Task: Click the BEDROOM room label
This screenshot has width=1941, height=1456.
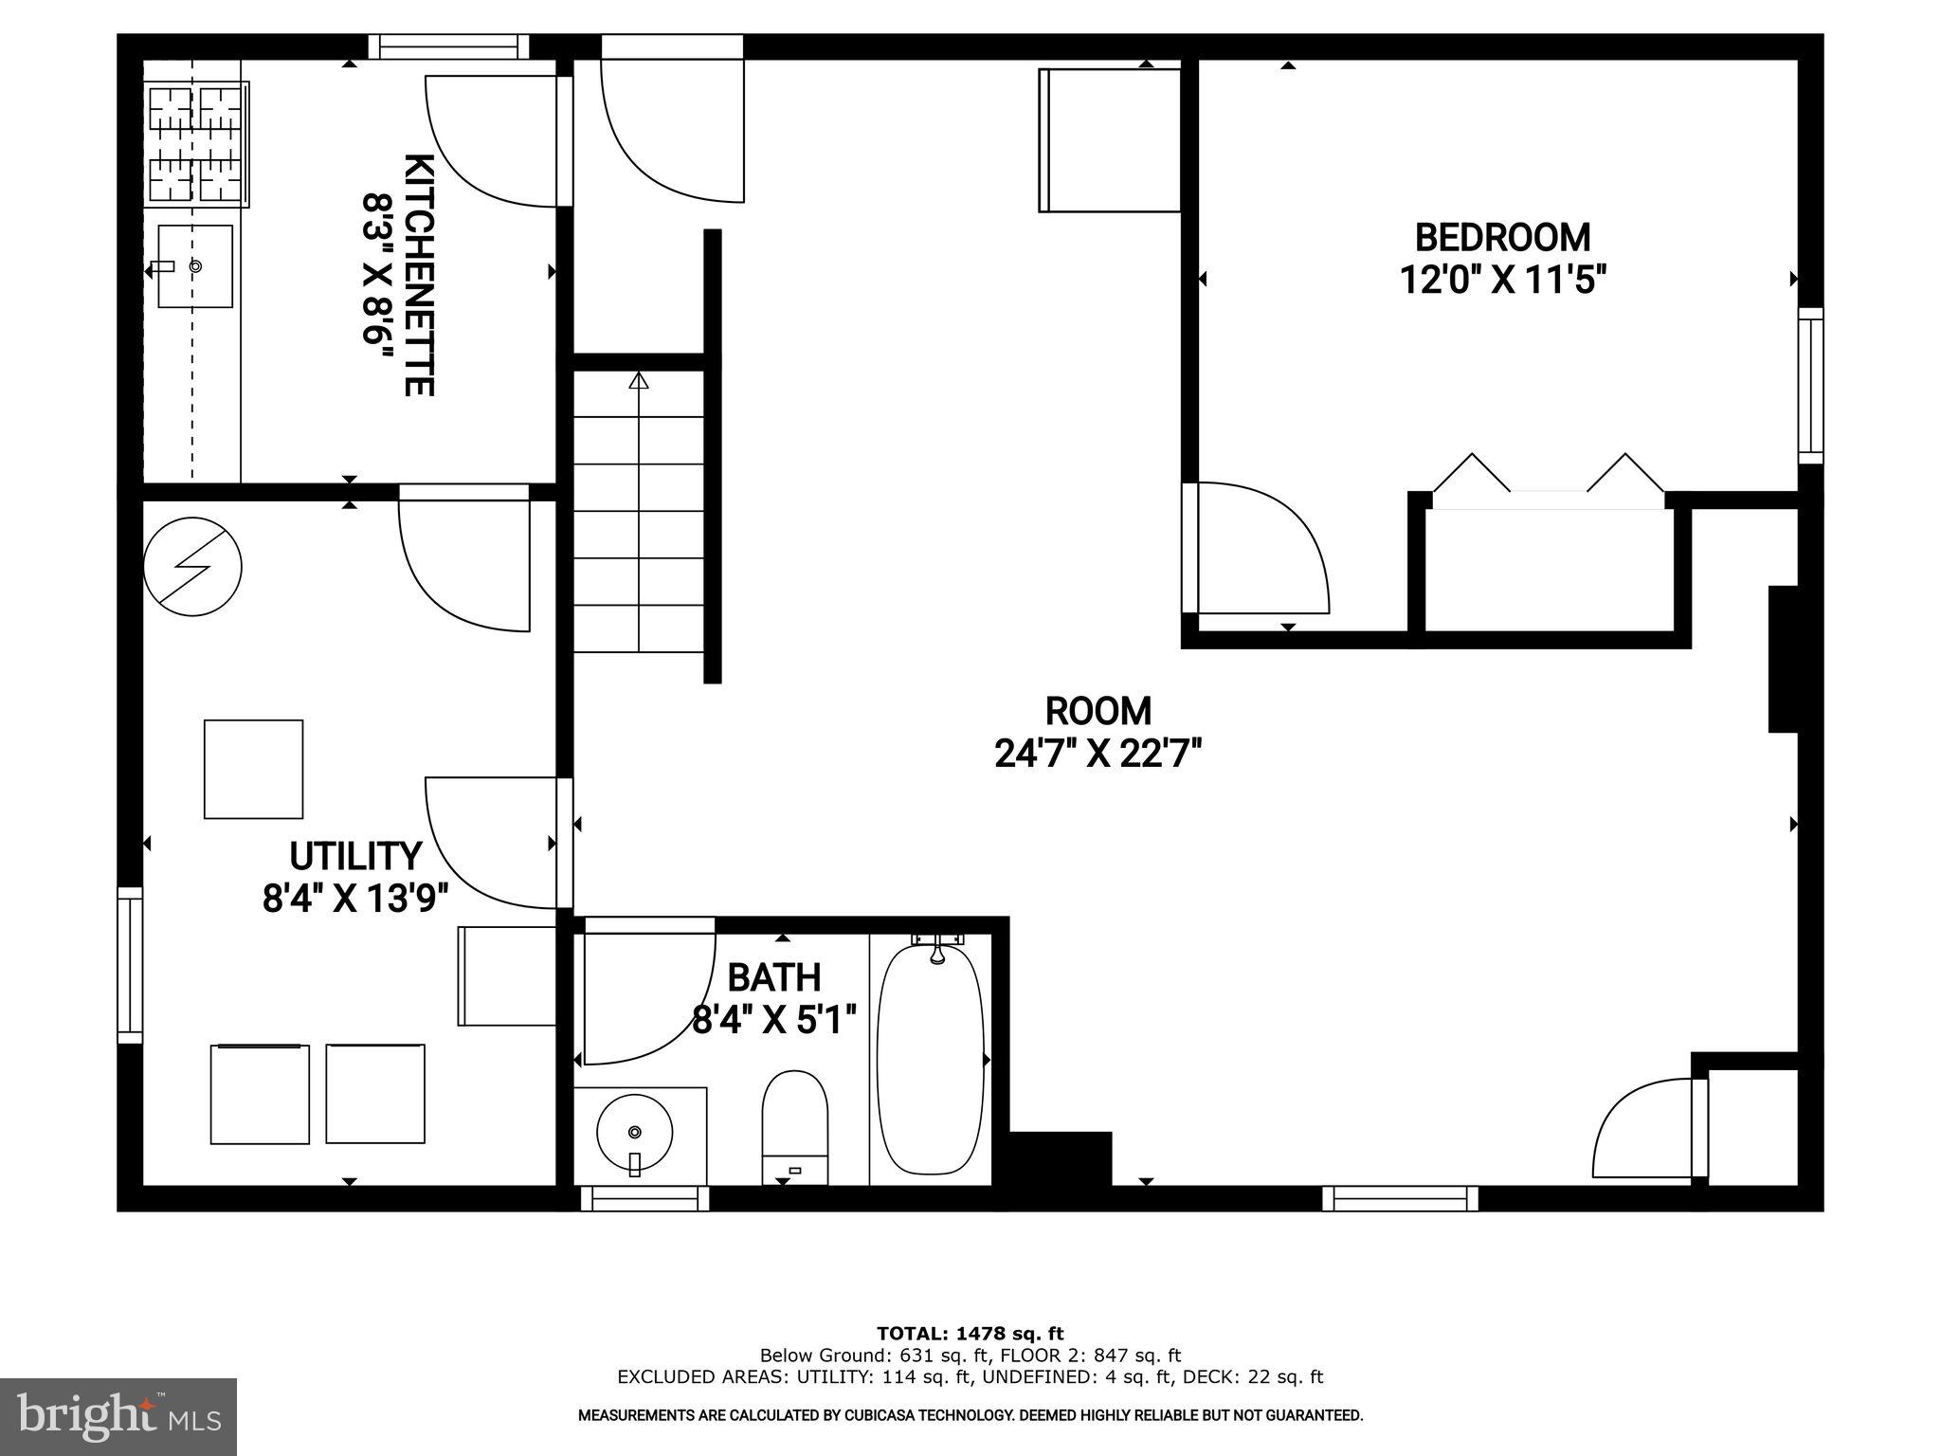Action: [x=1502, y=237]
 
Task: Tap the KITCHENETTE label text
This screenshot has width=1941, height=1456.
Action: [x=419, y=275]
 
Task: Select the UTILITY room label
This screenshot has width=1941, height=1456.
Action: [x=354, y=856]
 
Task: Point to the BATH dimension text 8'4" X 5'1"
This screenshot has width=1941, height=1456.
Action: [x=774, y=1021]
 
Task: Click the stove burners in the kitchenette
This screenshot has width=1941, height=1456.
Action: [x=197, y=144]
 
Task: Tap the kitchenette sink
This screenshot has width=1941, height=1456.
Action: [x=194, y=266]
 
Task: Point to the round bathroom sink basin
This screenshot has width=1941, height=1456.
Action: [x=634, y=1132]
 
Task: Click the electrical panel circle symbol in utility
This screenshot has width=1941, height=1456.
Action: [x=192, y=567]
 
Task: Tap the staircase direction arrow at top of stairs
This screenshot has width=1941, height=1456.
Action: [x=639, y=381]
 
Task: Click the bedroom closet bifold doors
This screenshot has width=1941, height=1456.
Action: [x=1549, y=474]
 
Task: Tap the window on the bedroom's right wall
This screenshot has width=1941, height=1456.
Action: [x=1810, y=385]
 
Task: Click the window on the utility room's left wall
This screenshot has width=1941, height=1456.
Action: [x=130, y=965]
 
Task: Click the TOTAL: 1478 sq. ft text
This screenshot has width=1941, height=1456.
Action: [x=970, y=1334]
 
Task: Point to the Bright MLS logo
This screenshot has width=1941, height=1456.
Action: [x=118, y=1416]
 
